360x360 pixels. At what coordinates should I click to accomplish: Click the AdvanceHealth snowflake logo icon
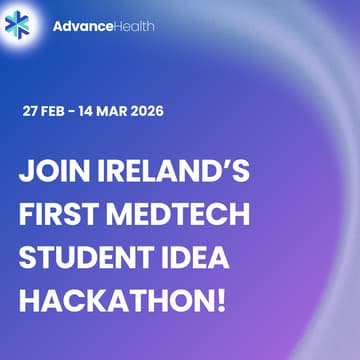pyautogui.click(x=23, y=23)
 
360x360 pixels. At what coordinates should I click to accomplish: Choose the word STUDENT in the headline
pyautogui.click(x=84, y=258)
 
